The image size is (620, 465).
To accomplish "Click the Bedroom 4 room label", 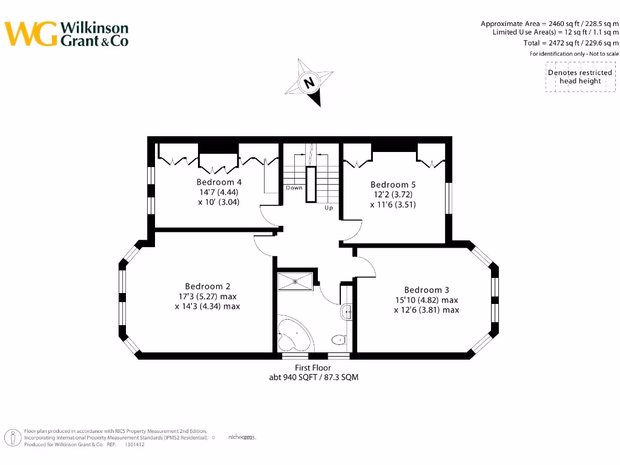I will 219,182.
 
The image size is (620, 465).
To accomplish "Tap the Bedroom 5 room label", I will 393,185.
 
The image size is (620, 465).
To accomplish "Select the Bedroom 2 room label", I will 208,286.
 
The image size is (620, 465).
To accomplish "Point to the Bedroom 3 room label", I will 427,290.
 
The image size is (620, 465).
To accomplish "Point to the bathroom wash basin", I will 346,312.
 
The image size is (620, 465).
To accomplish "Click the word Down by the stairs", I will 294,188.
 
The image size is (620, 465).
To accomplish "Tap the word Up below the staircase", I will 329,208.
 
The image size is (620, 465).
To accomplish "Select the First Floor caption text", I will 313,368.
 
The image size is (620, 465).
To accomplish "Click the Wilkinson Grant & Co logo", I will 67,35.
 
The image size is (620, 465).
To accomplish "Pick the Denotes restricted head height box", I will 580,77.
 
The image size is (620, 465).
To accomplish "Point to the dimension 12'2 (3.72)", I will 393,194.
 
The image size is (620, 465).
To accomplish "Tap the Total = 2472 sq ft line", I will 571,43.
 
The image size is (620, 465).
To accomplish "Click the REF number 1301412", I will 134,444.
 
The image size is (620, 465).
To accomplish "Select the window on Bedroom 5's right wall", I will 449,199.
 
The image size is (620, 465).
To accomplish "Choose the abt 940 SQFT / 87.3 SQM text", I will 313,377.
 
